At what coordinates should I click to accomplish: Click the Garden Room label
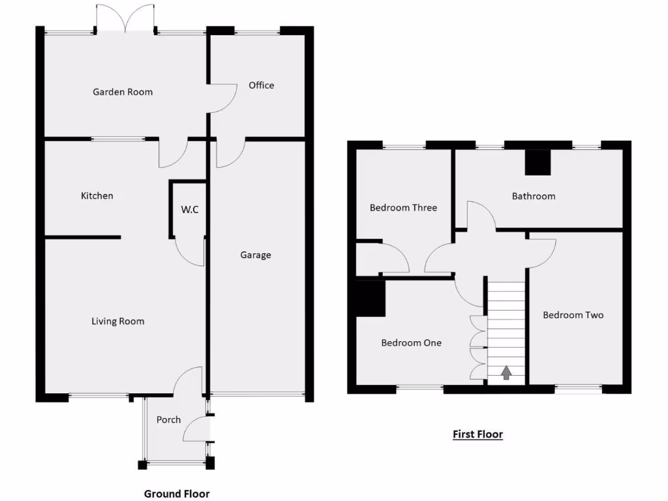pyautogui.click(x=123, y=92)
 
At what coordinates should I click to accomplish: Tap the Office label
pyautogui.click(x=261, y=85)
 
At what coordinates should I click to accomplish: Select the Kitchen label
pyautogui.click(x=97, y=196)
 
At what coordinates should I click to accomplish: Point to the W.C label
pyautogui.click(x=190, y=210)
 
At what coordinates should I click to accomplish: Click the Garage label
pyautogui.click(x=255, y=255)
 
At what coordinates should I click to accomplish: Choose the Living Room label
pyautogui.click(x=117, y=321)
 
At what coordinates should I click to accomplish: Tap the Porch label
pyautogui.click(x=168, y=419)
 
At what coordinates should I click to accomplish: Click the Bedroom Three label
pyautogui.click(x=403, y=207)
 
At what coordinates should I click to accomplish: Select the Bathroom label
pyautogui.click(x=533, y=196)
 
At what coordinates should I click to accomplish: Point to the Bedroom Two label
pyautogui.click(x=573, y=315)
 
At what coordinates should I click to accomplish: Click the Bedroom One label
pyautogui.click(x=411, y=342)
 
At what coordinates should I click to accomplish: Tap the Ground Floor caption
pyautogui.click(x=177, y=494)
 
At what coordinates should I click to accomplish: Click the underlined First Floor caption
pyautogui.click(x=478, y=434)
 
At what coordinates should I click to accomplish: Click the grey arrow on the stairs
pyautogui.click(x=506, y=372)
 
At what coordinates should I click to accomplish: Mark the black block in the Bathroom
pyautogui.click(x=538, y=162)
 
